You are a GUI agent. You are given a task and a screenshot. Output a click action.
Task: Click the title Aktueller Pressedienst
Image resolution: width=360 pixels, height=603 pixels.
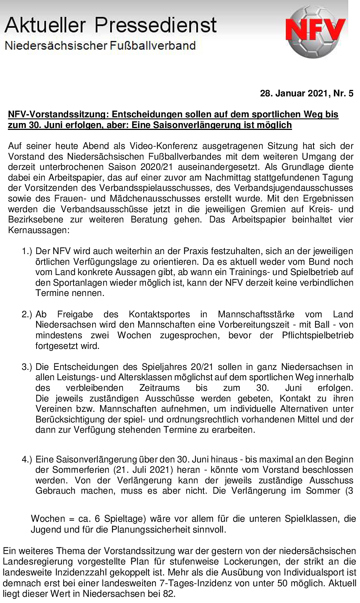pos(110,25)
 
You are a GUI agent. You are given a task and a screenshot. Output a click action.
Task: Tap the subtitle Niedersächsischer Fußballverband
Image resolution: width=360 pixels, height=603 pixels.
pos(100,46)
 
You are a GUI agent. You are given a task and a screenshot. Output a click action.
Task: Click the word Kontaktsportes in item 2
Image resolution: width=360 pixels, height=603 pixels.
pos(159,314)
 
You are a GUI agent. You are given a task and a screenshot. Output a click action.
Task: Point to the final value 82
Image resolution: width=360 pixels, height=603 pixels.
pos(169,593)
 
